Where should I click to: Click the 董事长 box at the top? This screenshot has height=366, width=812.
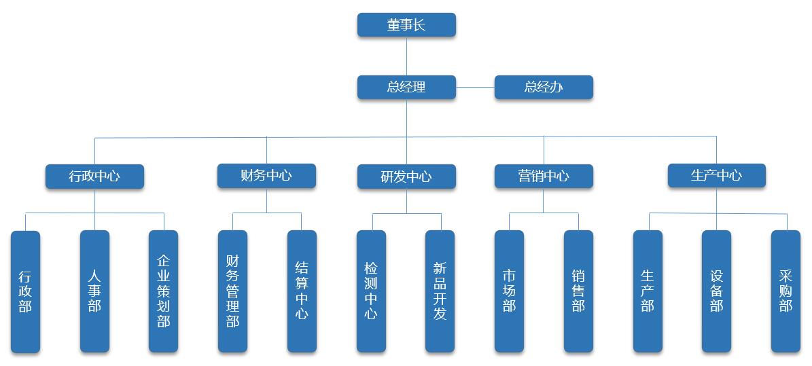tap(406, 25)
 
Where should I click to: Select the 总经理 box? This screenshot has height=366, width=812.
tap(406, 88)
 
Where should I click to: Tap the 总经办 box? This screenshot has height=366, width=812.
tap(544, 88)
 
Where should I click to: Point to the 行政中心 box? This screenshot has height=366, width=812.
tap(94, 177)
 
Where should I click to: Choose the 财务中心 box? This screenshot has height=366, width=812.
tap(266, 176)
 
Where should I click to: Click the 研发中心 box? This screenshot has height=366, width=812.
tap(406, 177)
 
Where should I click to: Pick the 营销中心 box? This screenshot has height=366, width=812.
tap(544, 177)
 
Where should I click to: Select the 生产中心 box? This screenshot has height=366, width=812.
tap(716, 176)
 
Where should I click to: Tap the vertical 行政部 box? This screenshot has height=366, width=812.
tap(25, 291)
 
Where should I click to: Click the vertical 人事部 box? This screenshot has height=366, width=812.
tap(94, 291)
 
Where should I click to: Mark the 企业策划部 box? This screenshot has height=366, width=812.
tap(163, 291)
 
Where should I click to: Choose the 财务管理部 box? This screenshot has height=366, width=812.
tap(232, 291)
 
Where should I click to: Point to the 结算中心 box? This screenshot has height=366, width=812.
tap(302, 291)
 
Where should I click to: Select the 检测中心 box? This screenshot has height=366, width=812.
tap(371, 291)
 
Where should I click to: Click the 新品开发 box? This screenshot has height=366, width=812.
tap(440, 291)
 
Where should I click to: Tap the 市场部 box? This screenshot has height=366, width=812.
tap(509, 291)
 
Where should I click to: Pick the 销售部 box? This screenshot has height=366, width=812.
tap(578, 291)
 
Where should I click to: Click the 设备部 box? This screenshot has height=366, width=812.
tap(716, 291)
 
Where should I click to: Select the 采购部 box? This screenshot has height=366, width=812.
tap(785, 291)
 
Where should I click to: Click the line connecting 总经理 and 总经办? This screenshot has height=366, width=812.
tap(475, 88)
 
